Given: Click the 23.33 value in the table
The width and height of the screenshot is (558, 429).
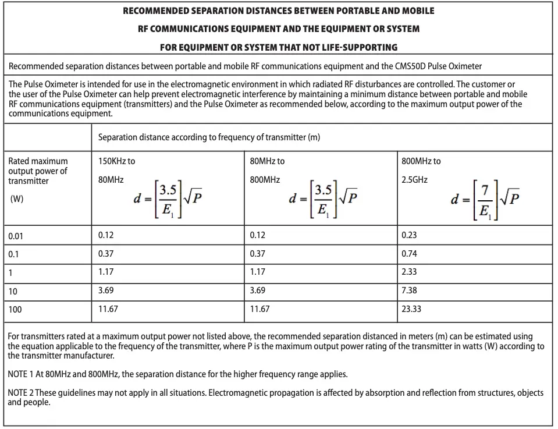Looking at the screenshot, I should pos(411,309).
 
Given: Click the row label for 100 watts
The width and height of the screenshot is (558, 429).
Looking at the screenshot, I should pos(15,310).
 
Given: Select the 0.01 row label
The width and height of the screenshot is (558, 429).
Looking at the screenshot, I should pos(16,236).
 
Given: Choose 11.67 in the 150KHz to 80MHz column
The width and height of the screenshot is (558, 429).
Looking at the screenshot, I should pos(108,309).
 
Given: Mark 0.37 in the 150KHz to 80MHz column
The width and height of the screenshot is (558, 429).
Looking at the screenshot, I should pos(106,254).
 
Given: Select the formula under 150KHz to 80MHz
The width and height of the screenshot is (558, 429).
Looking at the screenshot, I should pos(167,199).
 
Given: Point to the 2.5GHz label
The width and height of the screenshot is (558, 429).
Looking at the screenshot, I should pos(414,180).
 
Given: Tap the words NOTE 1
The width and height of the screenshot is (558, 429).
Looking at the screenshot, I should pos(22,374).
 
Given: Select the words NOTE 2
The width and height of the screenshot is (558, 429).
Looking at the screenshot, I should pos(22,393).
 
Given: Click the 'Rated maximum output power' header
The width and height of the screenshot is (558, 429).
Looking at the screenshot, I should pos(38,171).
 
